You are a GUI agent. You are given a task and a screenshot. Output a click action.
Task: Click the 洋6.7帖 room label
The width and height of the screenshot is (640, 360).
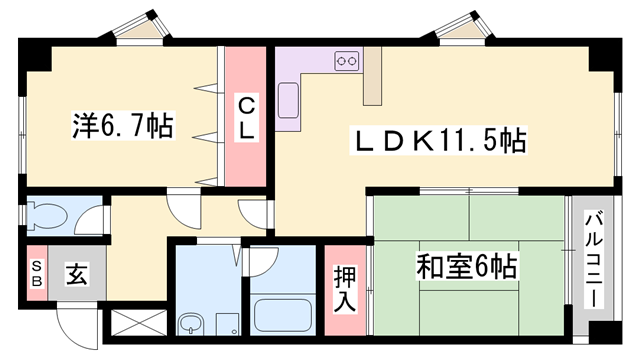(122, 126)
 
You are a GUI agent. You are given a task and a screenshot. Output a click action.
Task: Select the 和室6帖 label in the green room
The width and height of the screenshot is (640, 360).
(467, 267)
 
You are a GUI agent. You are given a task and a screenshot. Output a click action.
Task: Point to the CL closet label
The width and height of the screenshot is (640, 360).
(246, 117)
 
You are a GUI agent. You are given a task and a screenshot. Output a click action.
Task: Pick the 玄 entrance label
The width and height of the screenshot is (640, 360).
(75, 272)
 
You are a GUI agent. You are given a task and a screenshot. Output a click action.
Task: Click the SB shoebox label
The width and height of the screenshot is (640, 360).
(36, 272)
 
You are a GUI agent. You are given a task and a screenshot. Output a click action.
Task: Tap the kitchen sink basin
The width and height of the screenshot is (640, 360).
(288, 99)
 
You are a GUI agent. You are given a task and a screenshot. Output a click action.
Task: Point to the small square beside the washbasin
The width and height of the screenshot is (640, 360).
(226, 322)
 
